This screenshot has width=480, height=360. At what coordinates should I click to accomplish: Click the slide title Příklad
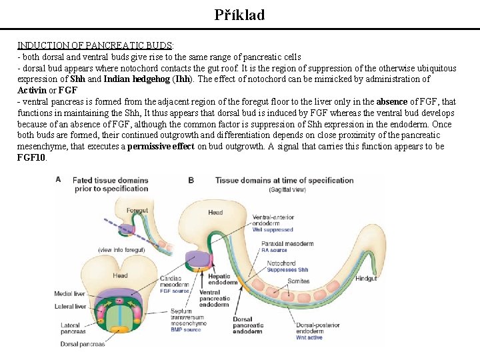(239, 15)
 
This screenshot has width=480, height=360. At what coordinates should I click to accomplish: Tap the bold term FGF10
(31, 158)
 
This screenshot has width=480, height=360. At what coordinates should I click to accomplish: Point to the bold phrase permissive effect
(161, 147)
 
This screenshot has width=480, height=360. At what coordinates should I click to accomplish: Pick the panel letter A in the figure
(59, 179)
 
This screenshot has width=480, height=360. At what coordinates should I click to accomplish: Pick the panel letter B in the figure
(191, 179)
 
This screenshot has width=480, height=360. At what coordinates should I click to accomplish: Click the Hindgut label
(366, 279)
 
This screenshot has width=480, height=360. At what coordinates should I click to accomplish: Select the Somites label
(299, 281)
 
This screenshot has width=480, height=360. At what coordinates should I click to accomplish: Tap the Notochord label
(281, 263)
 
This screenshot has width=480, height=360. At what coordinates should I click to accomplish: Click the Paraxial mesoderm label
(287, 244)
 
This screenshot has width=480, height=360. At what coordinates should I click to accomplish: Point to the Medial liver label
(70, 293)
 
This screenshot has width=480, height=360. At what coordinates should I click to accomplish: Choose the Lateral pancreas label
(70, 329)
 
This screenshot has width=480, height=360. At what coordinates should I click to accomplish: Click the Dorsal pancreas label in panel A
(83, 344)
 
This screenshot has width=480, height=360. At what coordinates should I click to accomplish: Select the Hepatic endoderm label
(219, 279)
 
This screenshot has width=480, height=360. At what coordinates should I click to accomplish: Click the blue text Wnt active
(309, 338)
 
